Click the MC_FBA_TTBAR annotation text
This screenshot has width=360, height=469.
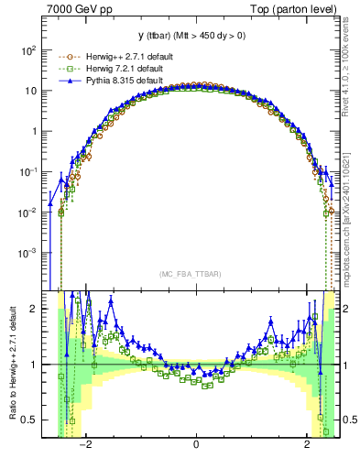195,274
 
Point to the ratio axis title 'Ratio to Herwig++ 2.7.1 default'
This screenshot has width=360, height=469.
10,365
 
